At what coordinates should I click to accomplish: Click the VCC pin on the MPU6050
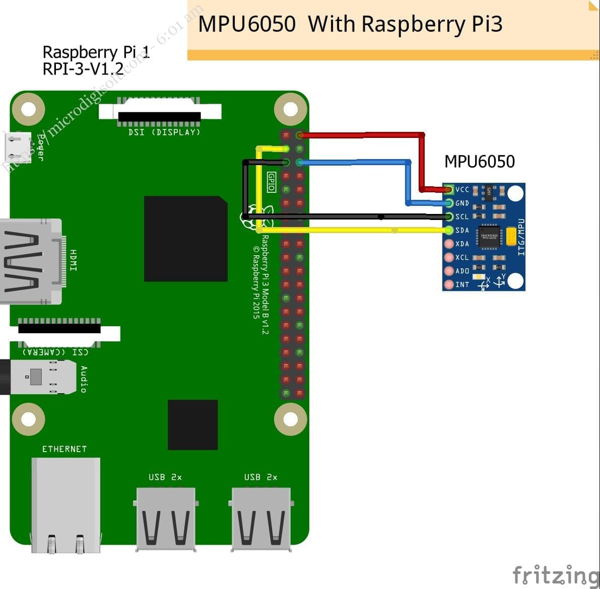[x=449, y=190]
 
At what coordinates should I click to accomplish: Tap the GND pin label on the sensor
[x=462, y=203]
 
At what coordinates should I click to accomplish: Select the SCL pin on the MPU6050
[x=449, y=217]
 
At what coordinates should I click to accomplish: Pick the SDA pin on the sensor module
[x=449, y=231]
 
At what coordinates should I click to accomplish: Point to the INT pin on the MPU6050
[x=448, y=285]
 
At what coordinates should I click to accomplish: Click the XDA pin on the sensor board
[x=448, y=244]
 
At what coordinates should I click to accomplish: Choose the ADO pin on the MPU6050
[x=448, y=271]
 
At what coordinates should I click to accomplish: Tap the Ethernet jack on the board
[x=65, y=503]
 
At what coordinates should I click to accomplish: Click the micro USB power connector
[x=18, y=146]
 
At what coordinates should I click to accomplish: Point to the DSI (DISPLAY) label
[x=164, y=132]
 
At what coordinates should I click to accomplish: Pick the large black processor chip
[x=185, y=239]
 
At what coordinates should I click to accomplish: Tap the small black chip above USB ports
[x=192, y=425]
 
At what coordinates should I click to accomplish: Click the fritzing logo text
[x=555, y=575]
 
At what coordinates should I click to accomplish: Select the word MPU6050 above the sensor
[x=479, y=162]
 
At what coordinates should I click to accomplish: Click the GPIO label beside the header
[x=271, y=182]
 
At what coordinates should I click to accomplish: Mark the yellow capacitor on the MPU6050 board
[x=511, y=236]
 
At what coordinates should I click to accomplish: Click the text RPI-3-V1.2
[x=83, y=68]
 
